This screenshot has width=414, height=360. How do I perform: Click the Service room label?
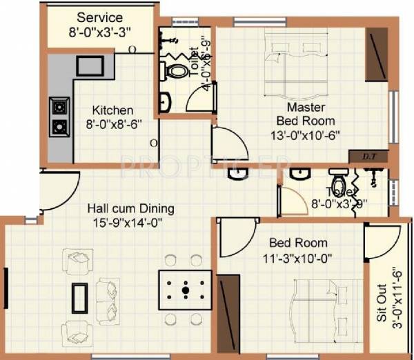pos(99,17)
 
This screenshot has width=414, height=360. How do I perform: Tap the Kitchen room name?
pos(113,110)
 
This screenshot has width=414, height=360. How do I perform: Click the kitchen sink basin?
pos(90,66)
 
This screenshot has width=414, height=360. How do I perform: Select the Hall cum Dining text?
pos(130,208)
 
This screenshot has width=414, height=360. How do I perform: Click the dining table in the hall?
pos(184,290)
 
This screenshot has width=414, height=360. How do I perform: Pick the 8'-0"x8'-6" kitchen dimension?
pos(113,126)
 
